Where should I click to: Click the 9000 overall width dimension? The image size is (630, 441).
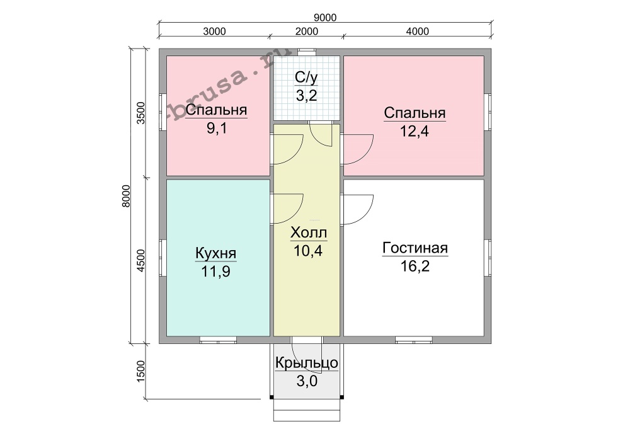(x=325, y=18)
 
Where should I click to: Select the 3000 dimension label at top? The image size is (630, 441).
(x=214, y=31)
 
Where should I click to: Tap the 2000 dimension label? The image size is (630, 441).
(x=307, y=31)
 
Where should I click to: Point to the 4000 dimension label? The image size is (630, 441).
(x=418, y=31)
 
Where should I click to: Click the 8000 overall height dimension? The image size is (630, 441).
(x=126, y=196)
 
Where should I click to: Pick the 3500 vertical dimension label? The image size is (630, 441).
(x=140, y=113)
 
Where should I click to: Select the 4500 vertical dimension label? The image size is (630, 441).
(x=140, y=261)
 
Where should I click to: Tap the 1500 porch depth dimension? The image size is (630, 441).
(x=140, y=371)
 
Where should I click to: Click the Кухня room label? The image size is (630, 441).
(x=215, y=254)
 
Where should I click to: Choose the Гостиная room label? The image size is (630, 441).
(x=415, y=248)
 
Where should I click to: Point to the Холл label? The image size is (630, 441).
(x=309, y=232)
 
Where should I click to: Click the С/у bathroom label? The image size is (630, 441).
(x=307, y=77)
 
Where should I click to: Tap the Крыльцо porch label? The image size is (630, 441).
(x=307, y=363)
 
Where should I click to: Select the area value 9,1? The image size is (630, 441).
(x=217, y=129)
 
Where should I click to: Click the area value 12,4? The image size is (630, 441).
(x=415, y=131)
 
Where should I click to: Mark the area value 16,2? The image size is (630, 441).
(x=415, y=266)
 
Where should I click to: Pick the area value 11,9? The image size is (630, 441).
(x=215, y=272)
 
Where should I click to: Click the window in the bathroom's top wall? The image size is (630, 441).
(x=307, y=51)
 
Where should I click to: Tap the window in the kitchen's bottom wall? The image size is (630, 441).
(x=218, y=340)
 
